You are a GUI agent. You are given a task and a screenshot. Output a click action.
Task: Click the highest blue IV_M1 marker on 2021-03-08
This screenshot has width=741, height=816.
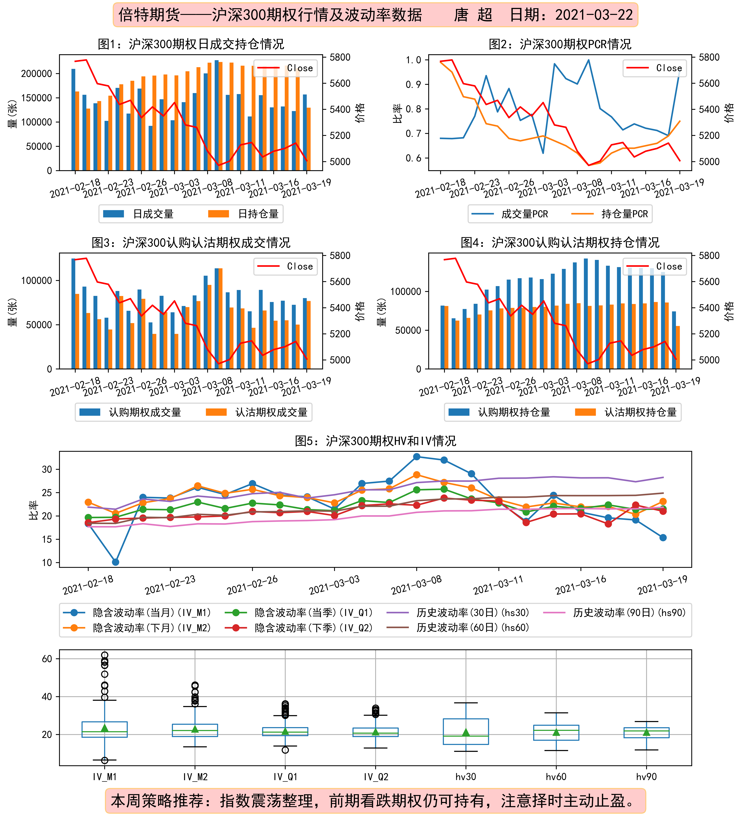(x=416, y=457)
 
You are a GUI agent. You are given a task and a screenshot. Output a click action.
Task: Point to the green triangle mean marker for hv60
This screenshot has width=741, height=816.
(x=556, y=732)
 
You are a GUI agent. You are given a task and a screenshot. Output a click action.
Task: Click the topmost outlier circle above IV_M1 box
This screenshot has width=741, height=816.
(x=104, y=655)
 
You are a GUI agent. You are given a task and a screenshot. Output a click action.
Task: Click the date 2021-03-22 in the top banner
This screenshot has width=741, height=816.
(x=594, y=15)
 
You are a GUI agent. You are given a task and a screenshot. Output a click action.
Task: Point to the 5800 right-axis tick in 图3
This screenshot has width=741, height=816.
(x=340, y=255)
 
